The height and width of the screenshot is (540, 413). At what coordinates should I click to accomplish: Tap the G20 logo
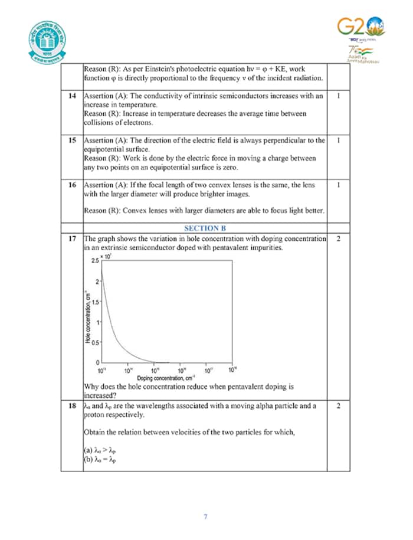(x=360, y=27)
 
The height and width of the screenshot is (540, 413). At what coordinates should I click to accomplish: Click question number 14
(x=72, y=96)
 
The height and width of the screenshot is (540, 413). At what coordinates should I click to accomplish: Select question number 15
(x=72, y=140)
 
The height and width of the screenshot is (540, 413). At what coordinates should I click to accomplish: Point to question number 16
(x=72, y=185)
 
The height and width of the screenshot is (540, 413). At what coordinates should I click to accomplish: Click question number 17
(x=72, y=238)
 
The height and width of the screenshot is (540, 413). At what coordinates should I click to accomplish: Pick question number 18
(x=72, y=406)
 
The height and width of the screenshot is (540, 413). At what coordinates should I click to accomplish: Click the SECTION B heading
(x=205, y=228)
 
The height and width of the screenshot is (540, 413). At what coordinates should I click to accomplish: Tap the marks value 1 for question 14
(x=338, y=96)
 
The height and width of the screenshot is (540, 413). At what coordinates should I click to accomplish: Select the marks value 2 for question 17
(x=338, y=238)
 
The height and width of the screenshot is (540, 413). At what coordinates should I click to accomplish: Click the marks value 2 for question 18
(x=338, y=406)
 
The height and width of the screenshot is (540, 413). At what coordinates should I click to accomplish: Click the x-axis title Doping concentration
(x=166, y=378)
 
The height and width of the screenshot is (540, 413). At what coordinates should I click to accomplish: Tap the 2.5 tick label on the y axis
(x=94, y=260)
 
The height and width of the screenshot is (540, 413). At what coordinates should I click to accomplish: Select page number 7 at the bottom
(x=205, y=517)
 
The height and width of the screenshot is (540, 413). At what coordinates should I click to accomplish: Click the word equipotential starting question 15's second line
(x=104, y=149)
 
